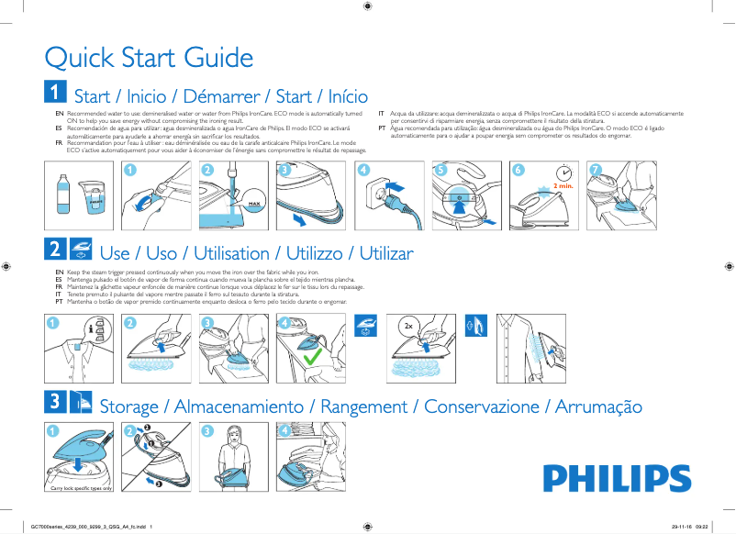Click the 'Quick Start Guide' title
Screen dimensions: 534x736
(x=149, y=58)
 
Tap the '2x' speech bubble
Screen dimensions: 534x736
(x=408, y=327)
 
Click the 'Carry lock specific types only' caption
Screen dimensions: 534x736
(x=82, y=490)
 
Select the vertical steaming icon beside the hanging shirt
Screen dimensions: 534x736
(x=474, y=325)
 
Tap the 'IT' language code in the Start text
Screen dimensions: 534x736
(x=382, y=113)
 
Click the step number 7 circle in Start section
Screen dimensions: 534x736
(x=596, y=171)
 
